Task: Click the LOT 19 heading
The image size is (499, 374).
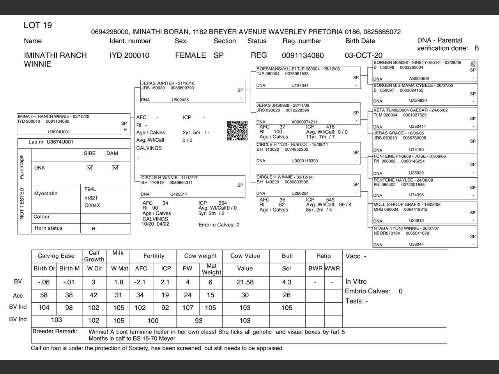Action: coord(38,26)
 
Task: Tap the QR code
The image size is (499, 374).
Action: coord(237,131)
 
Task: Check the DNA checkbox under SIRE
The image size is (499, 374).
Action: coord(90,168)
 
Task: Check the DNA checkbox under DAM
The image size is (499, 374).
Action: coord(115,168)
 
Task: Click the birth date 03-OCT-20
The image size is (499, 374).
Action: coord(363,56)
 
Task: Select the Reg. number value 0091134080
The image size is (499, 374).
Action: coord(303,56)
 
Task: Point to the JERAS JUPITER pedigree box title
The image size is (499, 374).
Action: coord(168,83)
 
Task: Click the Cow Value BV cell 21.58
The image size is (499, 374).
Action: coord(245,282)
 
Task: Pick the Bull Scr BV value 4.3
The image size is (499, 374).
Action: coord(287,282)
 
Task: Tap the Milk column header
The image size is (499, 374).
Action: coord(118,253)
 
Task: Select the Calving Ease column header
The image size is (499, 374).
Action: coord(56,256)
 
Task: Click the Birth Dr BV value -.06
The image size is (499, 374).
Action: coord(44,282)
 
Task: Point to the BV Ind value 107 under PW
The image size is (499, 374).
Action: coord(188,308)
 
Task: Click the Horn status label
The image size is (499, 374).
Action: coord(48,228)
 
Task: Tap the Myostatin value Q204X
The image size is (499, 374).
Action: coord(92,205)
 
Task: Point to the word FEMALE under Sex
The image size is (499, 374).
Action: coord(190,56)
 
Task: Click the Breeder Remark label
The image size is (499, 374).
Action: coord(55,332)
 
